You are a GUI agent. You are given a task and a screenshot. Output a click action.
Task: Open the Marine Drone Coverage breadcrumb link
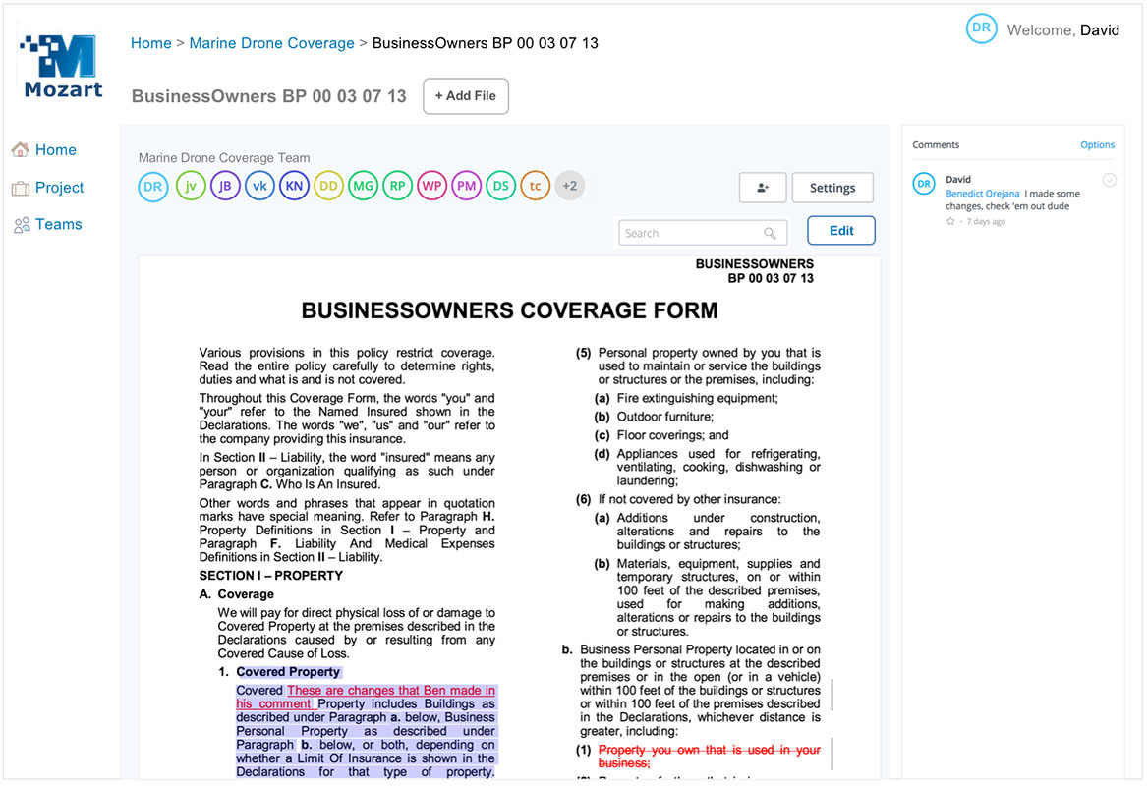pos(271,43)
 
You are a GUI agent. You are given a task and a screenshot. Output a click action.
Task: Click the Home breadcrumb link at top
pos(150,43)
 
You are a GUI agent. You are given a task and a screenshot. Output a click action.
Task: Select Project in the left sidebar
pos(59,188)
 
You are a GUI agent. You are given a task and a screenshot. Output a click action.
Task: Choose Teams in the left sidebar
pos(58,225)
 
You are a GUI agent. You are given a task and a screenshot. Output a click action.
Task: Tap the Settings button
pos(832,188)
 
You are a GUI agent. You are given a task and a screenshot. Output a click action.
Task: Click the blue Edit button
pos(841,231)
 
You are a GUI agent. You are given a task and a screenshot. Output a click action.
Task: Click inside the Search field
pos(693,233)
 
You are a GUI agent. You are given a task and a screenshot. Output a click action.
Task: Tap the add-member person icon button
pos(763,188)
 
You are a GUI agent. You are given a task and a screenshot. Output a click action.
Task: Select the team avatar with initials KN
pos(294,186)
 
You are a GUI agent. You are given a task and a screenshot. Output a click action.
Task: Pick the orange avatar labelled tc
pos(535,186)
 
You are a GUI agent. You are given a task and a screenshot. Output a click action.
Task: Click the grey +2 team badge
pos(569,186)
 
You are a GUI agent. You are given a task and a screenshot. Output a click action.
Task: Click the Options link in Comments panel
pos(1097,145)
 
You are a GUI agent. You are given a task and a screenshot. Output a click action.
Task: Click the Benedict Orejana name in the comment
pos(982,195)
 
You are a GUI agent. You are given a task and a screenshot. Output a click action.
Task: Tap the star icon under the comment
pos(950,222)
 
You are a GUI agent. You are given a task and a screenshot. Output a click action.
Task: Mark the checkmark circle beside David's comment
pos(1109,181)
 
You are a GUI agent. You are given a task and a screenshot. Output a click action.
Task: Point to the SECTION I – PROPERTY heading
pos(271,576)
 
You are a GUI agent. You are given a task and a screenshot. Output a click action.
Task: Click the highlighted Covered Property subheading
pos(288,672)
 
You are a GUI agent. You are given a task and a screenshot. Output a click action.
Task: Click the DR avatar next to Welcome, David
pos(981,28)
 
